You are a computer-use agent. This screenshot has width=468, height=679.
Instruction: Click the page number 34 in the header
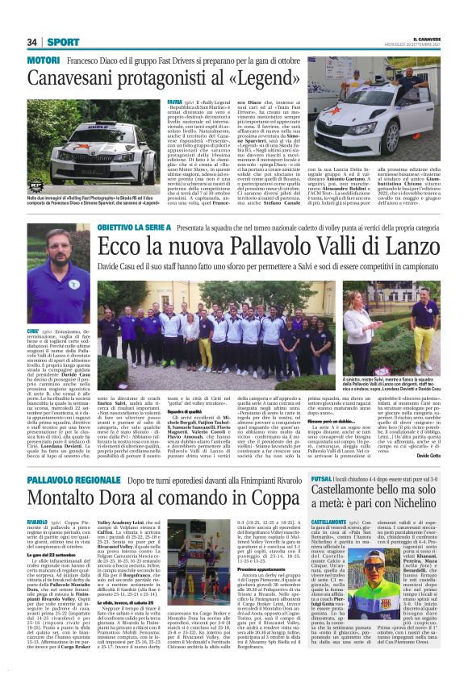pos(33,42)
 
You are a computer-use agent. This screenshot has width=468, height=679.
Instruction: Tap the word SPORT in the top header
pos(62,42)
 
